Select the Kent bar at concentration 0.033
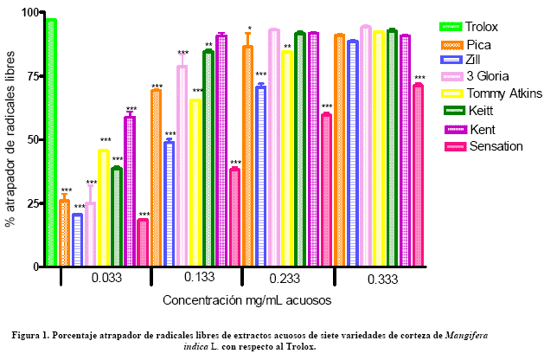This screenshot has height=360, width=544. (130, 190)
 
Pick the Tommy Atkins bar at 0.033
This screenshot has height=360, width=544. (104, 208)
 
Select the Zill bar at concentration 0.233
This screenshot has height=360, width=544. (260, 177)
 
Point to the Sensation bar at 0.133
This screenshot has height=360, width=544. (234, 216)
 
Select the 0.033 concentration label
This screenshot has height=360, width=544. (106, 279)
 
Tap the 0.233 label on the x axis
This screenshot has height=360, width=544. (287, 279)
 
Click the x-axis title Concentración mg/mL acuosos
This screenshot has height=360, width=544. (246, 300)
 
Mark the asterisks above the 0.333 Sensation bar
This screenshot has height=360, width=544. (419, 78)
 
